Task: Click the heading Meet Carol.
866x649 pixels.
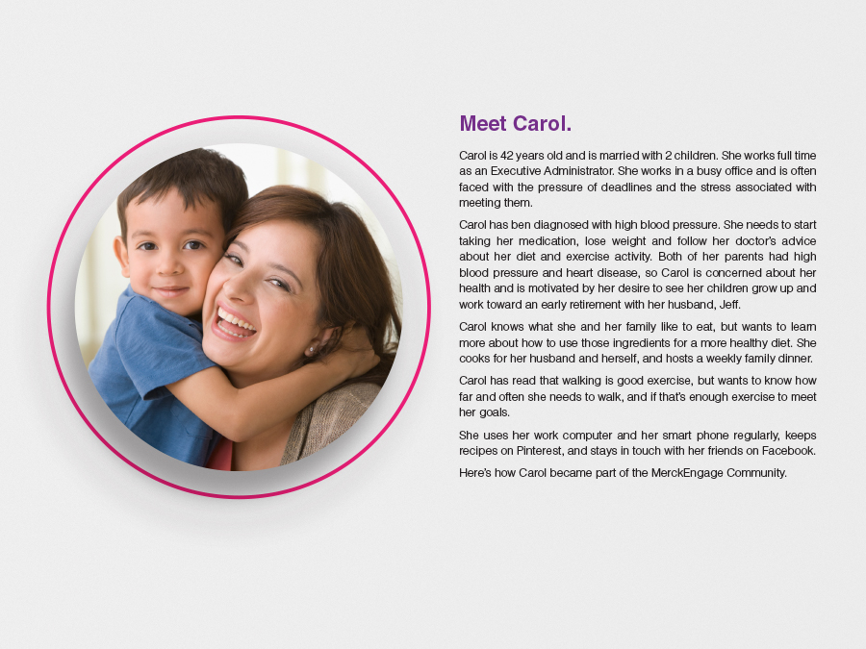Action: pyautogui.click(x=516, y=123)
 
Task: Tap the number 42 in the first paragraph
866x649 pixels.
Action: pyautogui.click(x=506, y=156)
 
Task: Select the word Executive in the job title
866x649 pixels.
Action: pyautogui.click(x=515, y=171)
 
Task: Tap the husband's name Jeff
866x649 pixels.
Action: pyautogui.click(x=729, y=305)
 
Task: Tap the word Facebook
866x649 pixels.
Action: pyautogui.click(x=789, y=451)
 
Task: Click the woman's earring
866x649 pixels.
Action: pyautogui.click(x=312, y=349)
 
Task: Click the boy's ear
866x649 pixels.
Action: pyautogui.click(x=122, y=256)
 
